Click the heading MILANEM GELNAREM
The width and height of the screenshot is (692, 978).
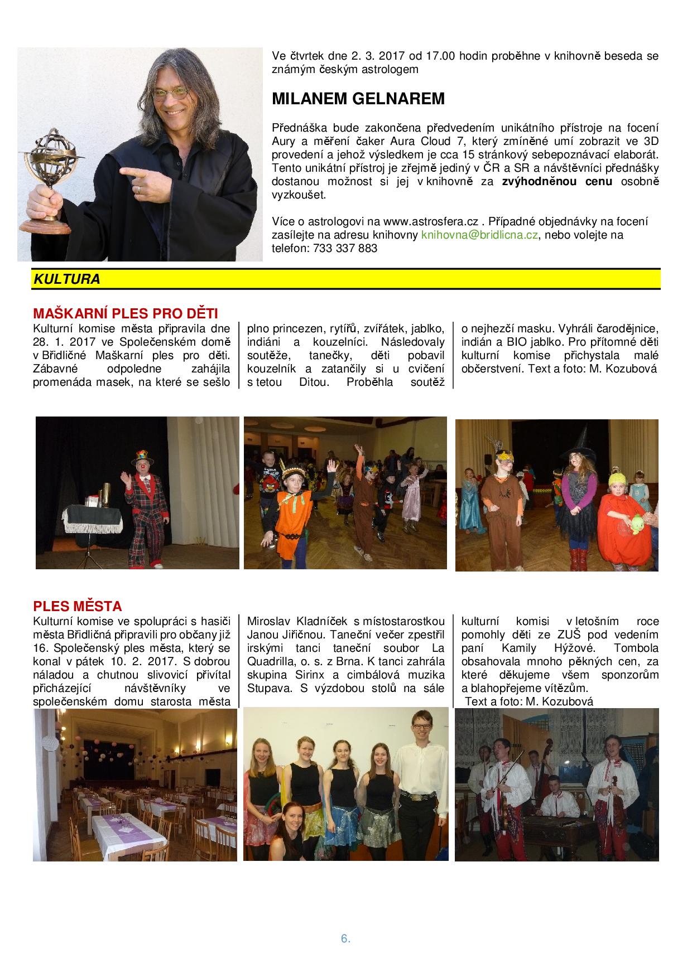point(358,99)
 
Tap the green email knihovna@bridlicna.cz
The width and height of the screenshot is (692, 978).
point(479,235)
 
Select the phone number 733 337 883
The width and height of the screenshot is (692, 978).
point(342,249)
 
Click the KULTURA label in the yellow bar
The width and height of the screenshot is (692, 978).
point(67,280)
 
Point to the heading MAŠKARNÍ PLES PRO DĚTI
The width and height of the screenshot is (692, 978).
point(125,313)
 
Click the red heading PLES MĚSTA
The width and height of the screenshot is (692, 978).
point(78,606)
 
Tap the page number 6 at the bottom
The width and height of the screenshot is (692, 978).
point(345,938)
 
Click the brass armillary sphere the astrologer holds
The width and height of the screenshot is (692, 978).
point(50,162)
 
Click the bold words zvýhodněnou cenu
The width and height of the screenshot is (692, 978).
point(557,181)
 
